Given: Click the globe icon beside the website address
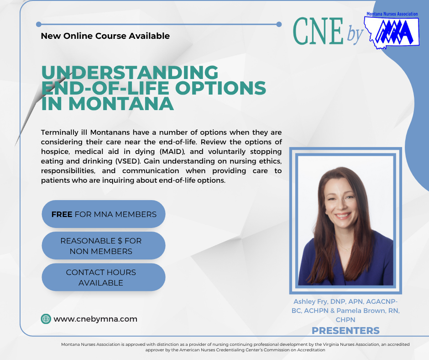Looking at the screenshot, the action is click(46, 319).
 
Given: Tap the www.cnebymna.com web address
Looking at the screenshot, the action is click(95, 319).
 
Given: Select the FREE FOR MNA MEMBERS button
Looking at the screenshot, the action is click(104, 214).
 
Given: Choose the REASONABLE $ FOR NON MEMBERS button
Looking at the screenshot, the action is click(104, 246).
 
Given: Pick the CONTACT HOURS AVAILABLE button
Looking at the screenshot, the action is click(104, 277).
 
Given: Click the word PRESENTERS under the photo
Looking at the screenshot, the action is click(345, 331).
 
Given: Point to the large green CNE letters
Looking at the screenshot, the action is click(318, 31).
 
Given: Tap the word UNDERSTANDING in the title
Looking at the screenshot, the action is click(130, 72).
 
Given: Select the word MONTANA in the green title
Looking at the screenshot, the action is click(121, 104).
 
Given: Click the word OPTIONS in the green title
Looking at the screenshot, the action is click(220, 88).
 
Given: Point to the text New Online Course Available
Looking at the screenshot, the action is click(105, 36).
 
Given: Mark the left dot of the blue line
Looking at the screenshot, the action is click(39, 24).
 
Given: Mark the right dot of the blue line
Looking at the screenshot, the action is click(279, 24).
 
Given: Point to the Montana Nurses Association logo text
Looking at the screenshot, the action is click(392, 14).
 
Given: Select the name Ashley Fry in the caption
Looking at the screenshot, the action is click(310, 302).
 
